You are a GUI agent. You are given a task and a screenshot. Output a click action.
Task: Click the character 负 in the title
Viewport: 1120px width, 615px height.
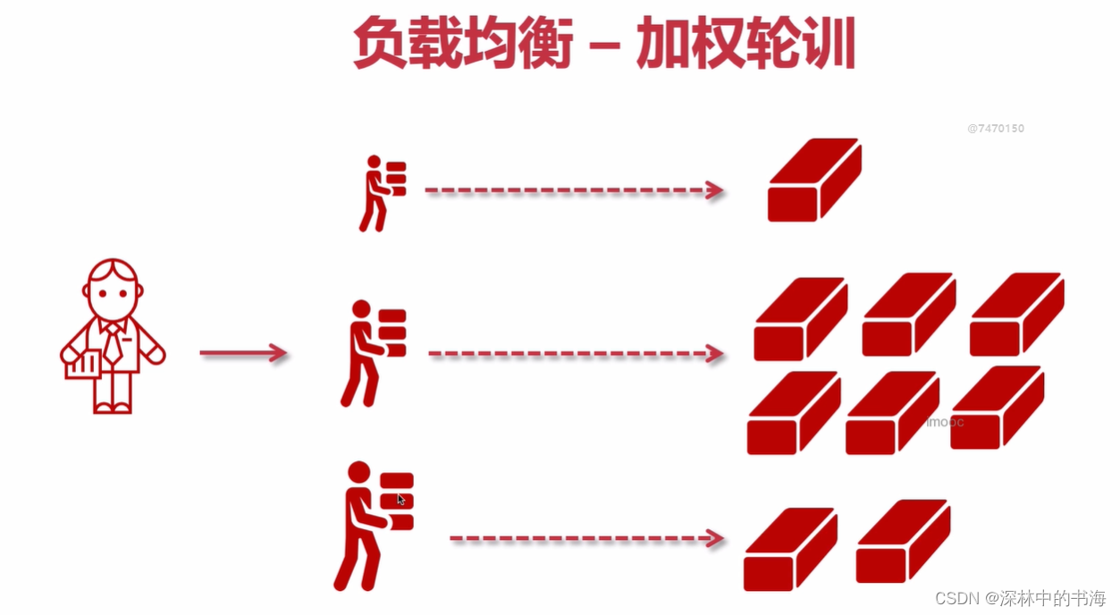pyautogui.click(x=380, y=42)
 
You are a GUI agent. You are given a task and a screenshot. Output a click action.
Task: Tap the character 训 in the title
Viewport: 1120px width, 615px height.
pyautogui.click(x=829, y=42)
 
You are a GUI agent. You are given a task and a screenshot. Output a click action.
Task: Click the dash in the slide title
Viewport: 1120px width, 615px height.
pyautogui.click(x=605, y=46)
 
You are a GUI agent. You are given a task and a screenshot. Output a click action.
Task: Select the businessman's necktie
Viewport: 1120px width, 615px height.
pyautogui.click(x=114, y=344)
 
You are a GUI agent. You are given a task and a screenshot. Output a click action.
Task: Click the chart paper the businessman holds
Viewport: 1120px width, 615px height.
pyautogui.click(x=83, y=364)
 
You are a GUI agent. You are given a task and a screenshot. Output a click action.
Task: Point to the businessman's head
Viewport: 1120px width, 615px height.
pyautogui.click(x=113, y=289)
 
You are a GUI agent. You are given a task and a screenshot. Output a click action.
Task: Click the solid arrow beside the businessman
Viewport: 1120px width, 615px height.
pyautogui.click(x=243, y=353)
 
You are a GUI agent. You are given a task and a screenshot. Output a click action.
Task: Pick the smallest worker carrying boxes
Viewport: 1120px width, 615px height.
pyautogui.click(x=383, y=193)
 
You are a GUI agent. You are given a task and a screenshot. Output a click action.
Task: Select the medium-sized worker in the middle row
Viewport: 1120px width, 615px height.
pyautogui.click(x=374, y=353)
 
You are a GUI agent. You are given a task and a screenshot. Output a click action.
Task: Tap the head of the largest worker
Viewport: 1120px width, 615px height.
pyautogui.click(x=359, y=473)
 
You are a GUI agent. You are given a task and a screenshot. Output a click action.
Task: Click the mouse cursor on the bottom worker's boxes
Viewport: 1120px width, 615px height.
pyautogui.click(x=401, y=499)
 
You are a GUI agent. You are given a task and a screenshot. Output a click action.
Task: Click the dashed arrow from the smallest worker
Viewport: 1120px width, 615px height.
pyautogui.click(x=574, y=190)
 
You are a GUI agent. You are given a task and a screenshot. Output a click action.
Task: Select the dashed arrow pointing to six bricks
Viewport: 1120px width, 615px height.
pyautogui.click(x=576, y=353)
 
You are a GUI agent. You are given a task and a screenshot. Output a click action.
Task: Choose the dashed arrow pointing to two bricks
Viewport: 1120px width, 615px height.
pyautogui.click(x=587, y=538)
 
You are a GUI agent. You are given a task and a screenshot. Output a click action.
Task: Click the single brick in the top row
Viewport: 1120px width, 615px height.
pyautogui.click(x=815, y=180)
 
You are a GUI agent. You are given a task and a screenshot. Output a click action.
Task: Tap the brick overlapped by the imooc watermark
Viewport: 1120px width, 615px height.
pyautogui.click(x=893, y=413)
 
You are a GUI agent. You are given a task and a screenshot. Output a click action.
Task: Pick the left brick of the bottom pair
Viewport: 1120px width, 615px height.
pyautogui.click(x=791, y=549)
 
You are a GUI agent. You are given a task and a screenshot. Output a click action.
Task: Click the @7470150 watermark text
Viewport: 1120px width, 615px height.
pyautogui.click(x=996, y=129)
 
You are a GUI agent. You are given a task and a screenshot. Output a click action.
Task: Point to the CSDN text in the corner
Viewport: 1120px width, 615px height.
pyautogui.click(x=956, y=598)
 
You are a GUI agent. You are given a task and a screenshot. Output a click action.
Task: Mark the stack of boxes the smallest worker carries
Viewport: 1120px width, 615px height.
pyautogui.click(x=396, y=179)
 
